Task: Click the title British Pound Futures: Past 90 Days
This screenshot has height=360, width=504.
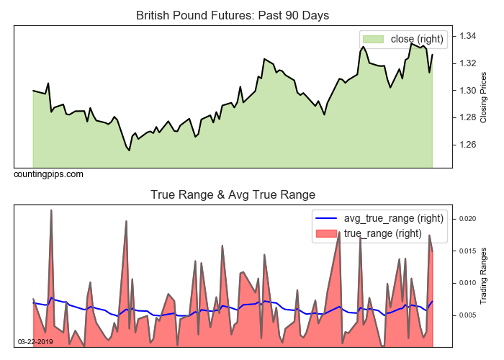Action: [233, 15]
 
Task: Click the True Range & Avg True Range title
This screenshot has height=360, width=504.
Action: [233, 194]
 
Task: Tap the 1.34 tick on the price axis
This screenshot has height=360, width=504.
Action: [468, 36]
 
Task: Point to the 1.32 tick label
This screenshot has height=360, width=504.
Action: [468, 63]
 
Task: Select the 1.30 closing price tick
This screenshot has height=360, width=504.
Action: [468, 91]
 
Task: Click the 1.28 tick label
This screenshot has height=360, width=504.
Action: [468, 117]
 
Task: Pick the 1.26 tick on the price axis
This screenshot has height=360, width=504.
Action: [468, 145]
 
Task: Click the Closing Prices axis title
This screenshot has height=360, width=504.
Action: [484, 97]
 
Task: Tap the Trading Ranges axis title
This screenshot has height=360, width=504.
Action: [484, 276]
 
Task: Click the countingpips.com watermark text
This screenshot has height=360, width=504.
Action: [48, 174]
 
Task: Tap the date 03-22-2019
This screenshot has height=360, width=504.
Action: [35, 341]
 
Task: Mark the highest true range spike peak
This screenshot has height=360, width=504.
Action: [51, 210]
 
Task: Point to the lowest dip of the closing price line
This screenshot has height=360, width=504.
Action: [130, 150]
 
